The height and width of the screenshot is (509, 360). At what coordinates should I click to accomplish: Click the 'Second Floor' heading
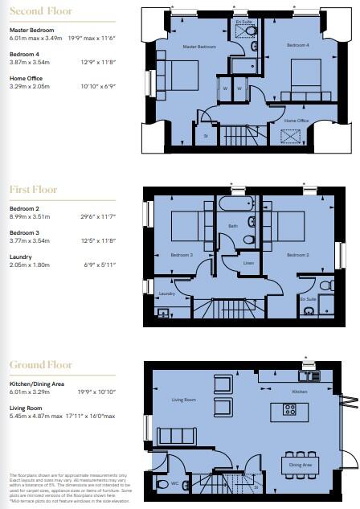pos(40,11)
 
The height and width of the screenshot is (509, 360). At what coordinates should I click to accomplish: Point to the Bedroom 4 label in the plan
pos(298,47)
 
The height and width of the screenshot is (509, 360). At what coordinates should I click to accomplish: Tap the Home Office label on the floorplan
pos(297,121)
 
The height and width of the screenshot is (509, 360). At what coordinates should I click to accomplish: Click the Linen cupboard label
pos(249,263)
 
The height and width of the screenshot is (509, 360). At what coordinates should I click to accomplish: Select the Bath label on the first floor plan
pos(234,226)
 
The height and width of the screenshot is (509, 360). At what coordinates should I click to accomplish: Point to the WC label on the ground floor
pos(174,483)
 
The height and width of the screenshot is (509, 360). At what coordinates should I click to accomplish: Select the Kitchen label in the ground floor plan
pos(300,392)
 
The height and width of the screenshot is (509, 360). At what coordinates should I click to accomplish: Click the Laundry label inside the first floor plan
pos(167,293)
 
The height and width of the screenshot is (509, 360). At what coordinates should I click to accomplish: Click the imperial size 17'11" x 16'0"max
pos(88,415)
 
